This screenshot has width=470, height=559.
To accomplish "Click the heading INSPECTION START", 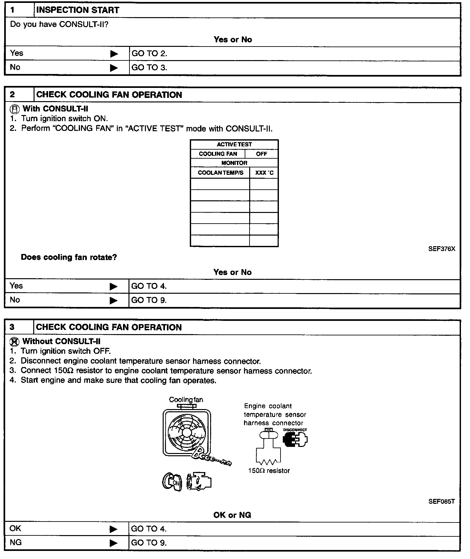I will tap(78, 10).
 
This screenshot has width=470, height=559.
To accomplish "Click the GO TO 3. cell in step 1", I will tap(149, 68).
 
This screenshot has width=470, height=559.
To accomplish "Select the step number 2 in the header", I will tap(12, 95).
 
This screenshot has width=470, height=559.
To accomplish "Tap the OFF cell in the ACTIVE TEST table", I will tap(261, 154).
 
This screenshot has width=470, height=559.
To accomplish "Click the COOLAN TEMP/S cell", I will tap(220, 173).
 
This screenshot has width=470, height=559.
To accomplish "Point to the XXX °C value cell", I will tap(264, 173).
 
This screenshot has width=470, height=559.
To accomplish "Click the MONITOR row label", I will tap(234, 163).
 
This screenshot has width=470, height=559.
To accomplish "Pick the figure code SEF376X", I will tap(442, 249).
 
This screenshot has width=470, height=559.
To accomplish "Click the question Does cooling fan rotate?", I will tap(69, 257).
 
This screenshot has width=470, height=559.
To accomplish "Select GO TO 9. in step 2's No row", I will tap(149, 300).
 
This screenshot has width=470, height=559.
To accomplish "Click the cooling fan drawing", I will tap(187, 433).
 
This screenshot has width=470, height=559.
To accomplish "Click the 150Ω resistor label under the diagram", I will tap(269, 471).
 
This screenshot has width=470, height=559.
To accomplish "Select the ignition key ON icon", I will tap(172, 482).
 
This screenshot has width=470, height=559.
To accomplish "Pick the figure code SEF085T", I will tap(442, 501).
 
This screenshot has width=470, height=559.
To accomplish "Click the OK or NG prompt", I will tap(232, 515).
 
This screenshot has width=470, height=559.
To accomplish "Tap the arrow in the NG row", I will tap(113, 543).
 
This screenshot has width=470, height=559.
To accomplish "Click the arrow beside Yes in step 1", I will tap(114, 54).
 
